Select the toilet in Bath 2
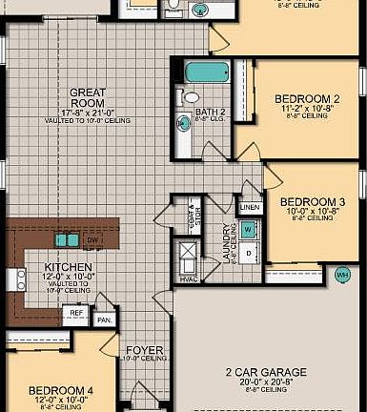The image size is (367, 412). click(x=190, y=97)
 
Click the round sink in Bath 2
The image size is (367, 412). click(x=185, y=123)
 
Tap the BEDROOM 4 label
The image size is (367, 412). click(x=60, y=391)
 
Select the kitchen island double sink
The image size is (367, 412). click(x=67, y=239)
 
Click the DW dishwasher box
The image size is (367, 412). click(x=92, y=241)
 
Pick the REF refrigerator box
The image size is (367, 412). click(x=74, y=312)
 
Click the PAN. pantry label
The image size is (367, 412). click(x=104, y=320)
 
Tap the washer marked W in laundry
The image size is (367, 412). click(x=247, y=230)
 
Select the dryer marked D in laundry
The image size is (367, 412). click(x=248, y=253)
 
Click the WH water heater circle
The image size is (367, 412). click(x=342, y=275)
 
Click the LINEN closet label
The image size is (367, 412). click(x=250, y=207)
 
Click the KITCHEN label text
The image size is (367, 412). click(x=68, y=267)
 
